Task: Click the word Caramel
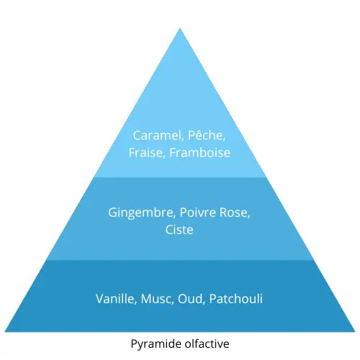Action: tap(155, 135)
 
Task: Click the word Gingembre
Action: tap(140, 212)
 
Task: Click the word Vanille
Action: tap(114, 297)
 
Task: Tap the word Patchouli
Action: tap(236, 297)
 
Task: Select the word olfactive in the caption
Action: tap(206, 344)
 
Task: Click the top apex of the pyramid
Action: tap(180, 28)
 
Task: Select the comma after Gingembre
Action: tap(174, 217)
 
